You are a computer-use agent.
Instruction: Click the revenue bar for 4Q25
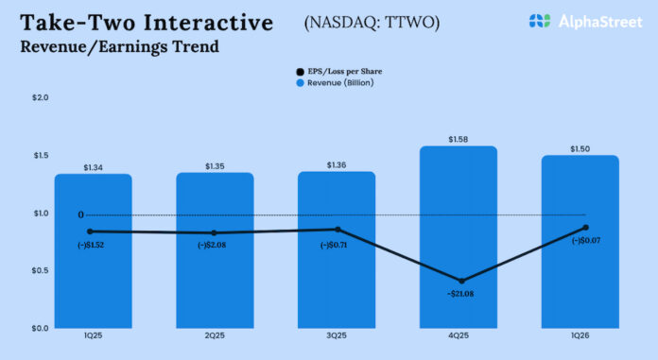pyautogui.click(x=459, y=236)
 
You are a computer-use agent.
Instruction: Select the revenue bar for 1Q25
pyautogui.click(x=93, y=274)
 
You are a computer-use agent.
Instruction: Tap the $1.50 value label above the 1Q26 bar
pyautogui.click(x=580, y=149)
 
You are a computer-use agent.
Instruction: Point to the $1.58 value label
pyautogui.click(x=459, y=140)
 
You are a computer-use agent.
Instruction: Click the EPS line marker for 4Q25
pyautogui.click(x=459, y=281)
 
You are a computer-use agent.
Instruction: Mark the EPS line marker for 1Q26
pyautogui.click(x=586, y=228)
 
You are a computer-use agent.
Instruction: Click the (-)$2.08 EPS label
pyautogui.click(x=215, y=246)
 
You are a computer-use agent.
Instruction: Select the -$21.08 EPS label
pyautogui.click(x=459, y=293)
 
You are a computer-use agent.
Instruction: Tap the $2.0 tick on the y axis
pyautogui.click(x=40, y=97)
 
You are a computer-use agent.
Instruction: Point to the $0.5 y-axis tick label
pyautogui.click(x=40, y=271)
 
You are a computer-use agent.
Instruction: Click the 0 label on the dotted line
pyautogui.click(x=81, y=214)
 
